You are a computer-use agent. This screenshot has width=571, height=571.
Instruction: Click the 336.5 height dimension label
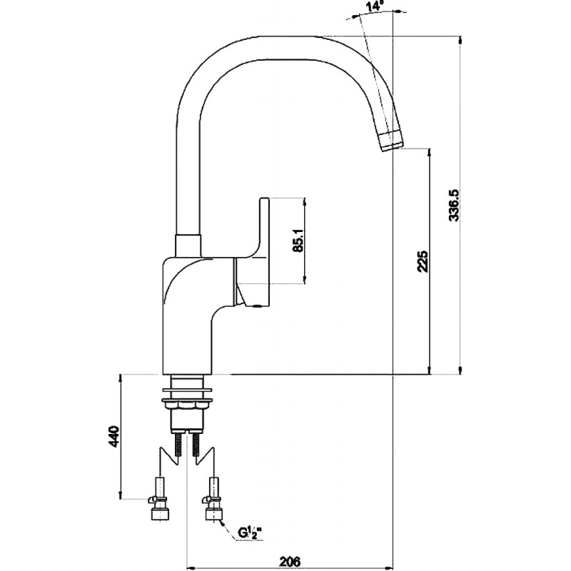[455, 206]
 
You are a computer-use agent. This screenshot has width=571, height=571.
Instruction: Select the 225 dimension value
[423, 261]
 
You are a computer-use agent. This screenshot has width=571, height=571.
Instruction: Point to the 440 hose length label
[113, 436]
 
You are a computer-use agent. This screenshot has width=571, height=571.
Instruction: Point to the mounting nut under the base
[187, 403]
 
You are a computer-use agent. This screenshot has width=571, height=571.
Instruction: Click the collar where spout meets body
[188, 246]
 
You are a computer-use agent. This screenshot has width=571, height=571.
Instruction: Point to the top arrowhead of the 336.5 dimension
[461, 40]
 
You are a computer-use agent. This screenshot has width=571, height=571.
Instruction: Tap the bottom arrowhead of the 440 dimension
[120, 495]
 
